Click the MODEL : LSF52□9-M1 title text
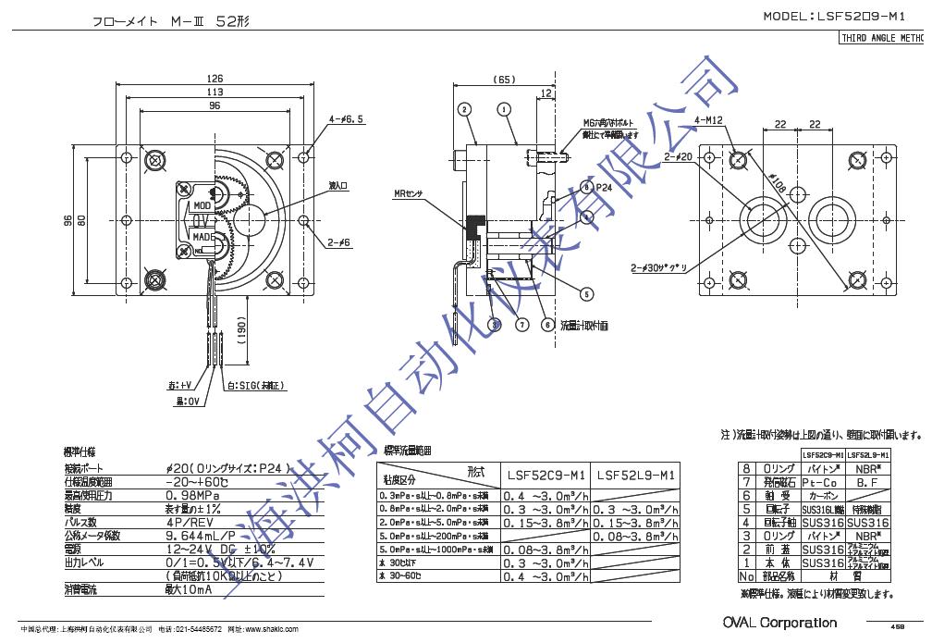pyautogui.click(x=843, y=17)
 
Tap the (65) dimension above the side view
pyautogui.click(x=504, y=80)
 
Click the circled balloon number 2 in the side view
pyautogui.click(x=463, y=109)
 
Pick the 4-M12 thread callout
pyautogui.click(x=708, y=119)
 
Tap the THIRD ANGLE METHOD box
pyautogui.click(x=882, y=39)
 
